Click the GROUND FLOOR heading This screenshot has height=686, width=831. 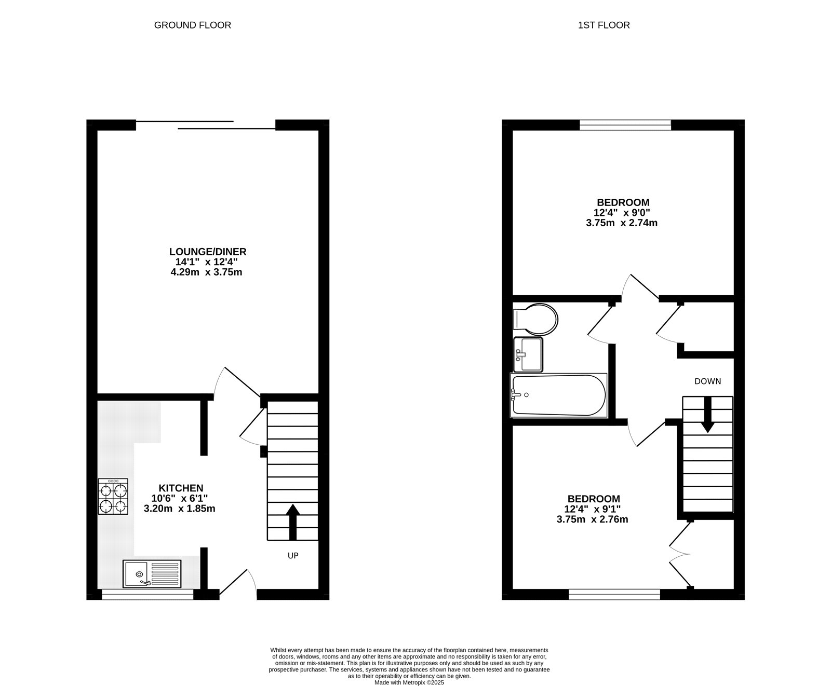click(x=192, y=25)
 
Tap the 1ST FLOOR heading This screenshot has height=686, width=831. click(x=604, y=25)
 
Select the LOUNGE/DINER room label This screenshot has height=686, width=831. click(x=208, y=252)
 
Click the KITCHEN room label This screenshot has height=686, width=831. click(x=181, y=488)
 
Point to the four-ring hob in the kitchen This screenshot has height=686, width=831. click(x=113, y=496)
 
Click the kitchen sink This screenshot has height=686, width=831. click(x=152, y=574)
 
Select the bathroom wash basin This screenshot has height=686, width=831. click(x=528, y=354)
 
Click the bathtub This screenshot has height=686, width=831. click(x=559, y=395)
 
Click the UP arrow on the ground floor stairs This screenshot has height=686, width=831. click(x=292, y=522)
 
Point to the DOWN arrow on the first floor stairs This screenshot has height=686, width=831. click(x=707, y=415)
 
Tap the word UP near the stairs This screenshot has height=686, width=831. click(x=293, y=556)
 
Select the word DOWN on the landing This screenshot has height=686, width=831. click(x=708, y=381)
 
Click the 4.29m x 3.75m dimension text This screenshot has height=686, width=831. click(x=207, y=272)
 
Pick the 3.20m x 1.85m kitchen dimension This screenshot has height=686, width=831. click(x=180, y=509)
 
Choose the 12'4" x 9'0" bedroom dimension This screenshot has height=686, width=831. click(x=622, y=213)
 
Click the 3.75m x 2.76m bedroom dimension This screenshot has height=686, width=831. click(x=593, y=519)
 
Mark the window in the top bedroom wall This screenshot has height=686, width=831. click(x=625, y=125)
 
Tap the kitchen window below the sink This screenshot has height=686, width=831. click(x=148, y=595)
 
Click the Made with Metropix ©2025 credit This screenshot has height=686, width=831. click(x=409, y=683)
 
